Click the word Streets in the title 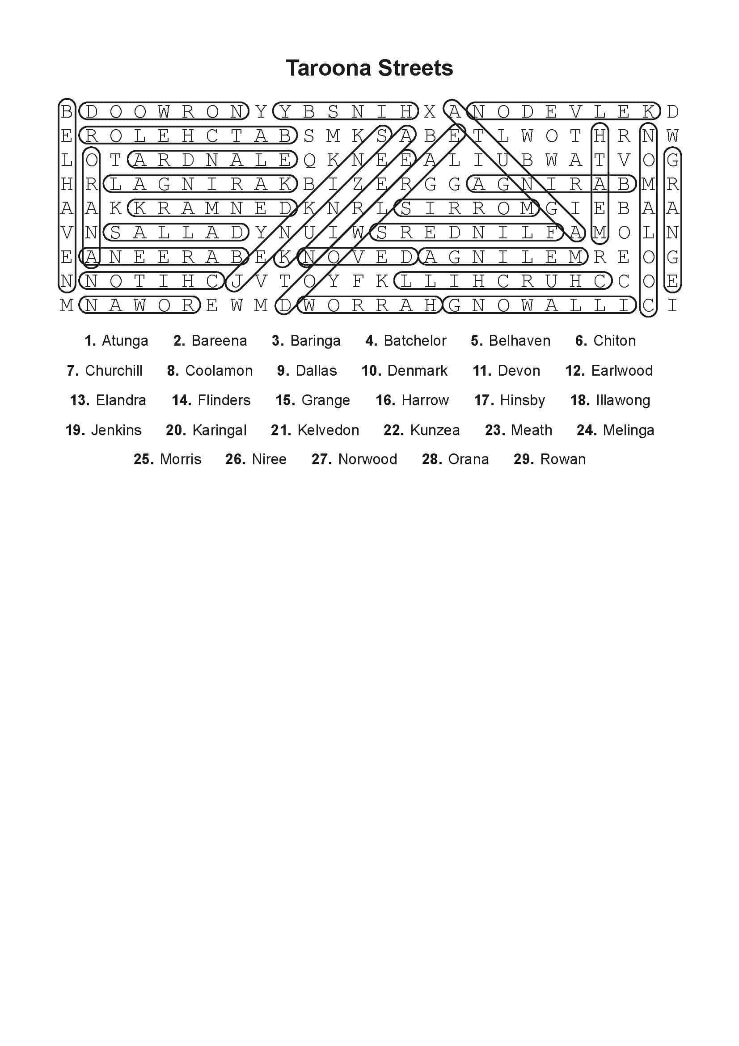[416, 68]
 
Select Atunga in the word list [125, 341]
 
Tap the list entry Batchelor [415, 341]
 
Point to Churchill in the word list [114, 371]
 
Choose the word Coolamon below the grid [219, 371]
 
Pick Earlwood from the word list [621, 371]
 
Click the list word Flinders [224, 400]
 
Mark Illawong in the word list [623, 400]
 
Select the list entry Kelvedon [328, 430]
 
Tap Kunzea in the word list [435, 430]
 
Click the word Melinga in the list [629, 430]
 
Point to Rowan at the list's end [563, 459]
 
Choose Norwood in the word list [367, 459]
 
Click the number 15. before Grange [286, 400]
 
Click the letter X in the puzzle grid [429, 112]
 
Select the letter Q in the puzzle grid [309, 161]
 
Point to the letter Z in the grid [358, 185]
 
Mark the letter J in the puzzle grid [236, 282]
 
